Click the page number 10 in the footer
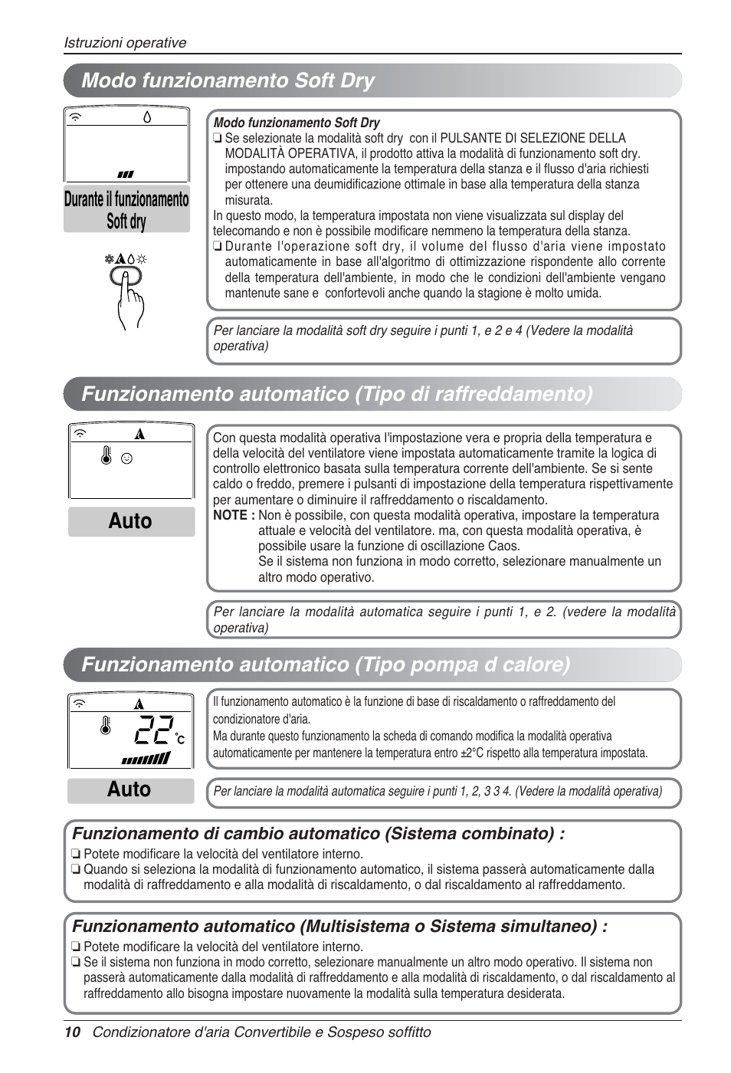coord(72,1032)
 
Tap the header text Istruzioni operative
coord(125,43)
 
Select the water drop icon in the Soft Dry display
coord(147,117)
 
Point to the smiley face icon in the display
coord(127,458)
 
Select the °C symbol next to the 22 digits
coord(180,739)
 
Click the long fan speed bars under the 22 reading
coord(146,759)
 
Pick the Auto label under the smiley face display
coord(130,521)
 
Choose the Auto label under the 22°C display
coord(129,789)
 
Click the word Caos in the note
coord(503,546)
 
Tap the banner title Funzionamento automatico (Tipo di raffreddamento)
coord(337,394)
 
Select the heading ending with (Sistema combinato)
coord(318,833)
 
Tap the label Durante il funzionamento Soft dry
coord(126,210)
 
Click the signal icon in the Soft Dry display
coord(77,117)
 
